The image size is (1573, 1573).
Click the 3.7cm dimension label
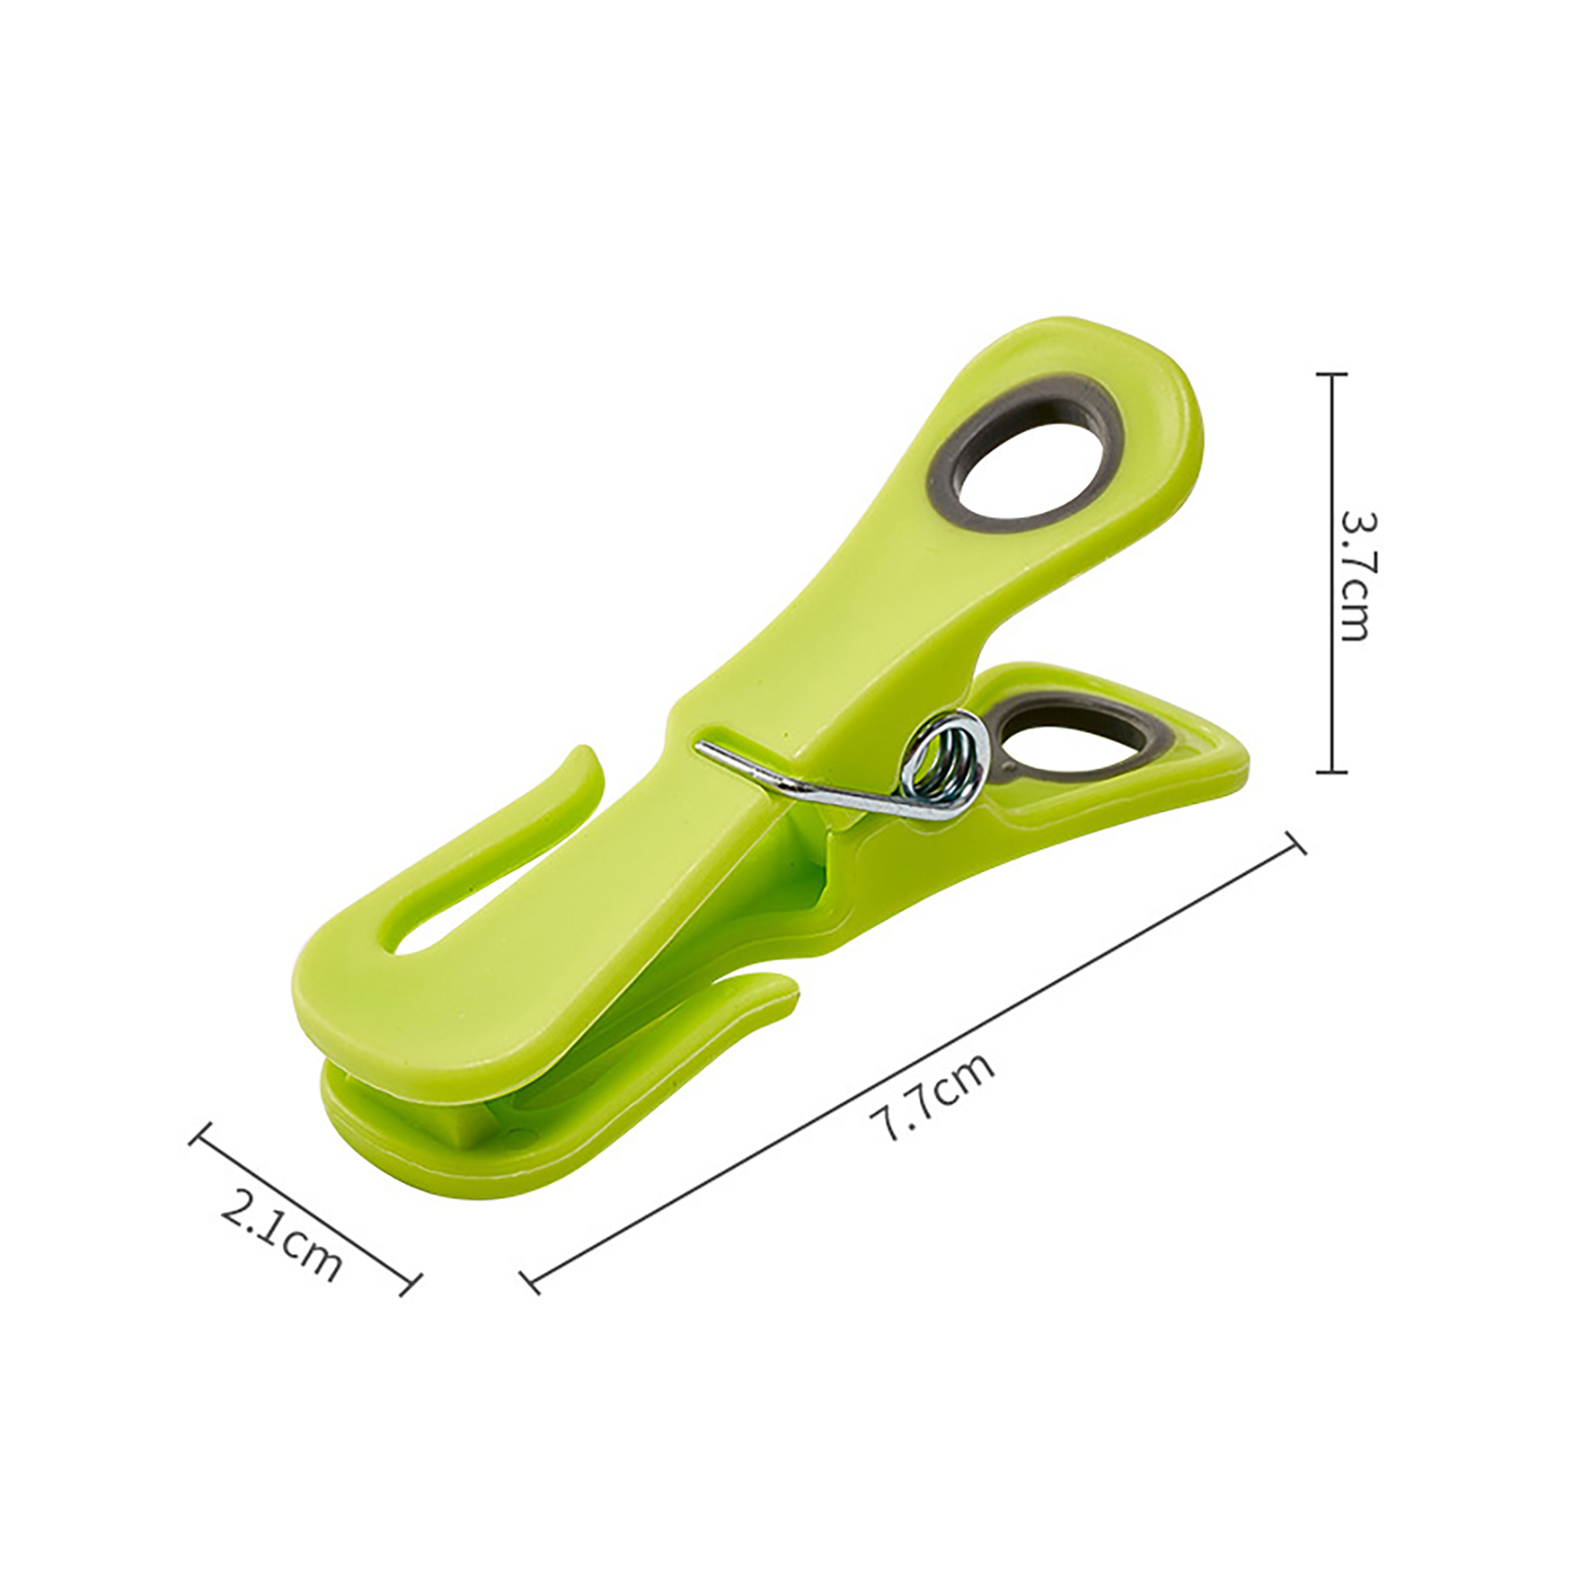[x=1355, y=574]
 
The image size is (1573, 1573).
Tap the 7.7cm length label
[x=931, y=1095]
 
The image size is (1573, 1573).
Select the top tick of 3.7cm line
[x=1331, y=375]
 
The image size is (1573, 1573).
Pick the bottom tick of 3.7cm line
[x=1331, y=772]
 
